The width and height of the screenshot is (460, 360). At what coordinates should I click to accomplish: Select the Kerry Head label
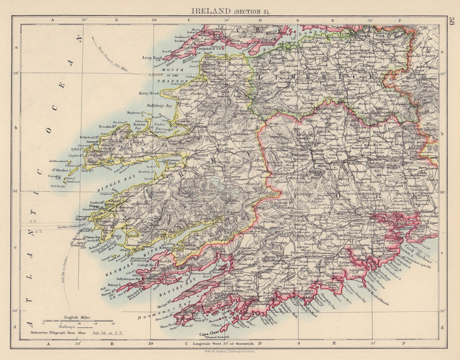coord(148,93)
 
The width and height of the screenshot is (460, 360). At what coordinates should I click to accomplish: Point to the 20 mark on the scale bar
coord(113,323)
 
